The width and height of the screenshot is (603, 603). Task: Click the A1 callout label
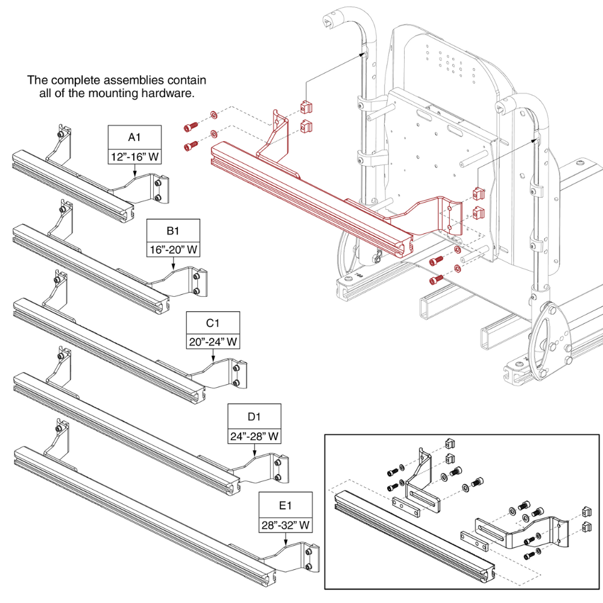(x=134, y=137)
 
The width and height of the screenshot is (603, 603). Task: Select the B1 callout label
(x=174, y=230)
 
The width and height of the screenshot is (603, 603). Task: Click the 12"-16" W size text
(x=134, y=157)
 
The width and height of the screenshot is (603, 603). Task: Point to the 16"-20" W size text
(x=174, y=250)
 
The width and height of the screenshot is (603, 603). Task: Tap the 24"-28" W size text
(x=254, y=435)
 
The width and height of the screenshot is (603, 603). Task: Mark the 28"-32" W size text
(x=286, y=525)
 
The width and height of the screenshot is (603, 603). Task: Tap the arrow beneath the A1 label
(x=134, y=172)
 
